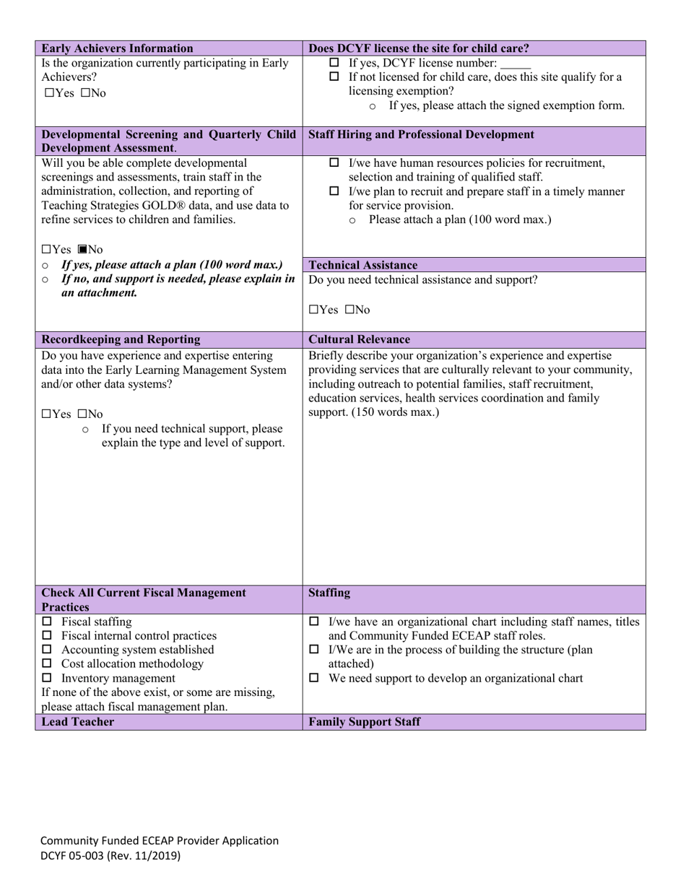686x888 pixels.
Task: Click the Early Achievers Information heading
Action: (117, 48)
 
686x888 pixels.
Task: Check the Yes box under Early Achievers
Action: (48, 93)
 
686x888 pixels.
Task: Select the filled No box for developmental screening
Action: (82, 250)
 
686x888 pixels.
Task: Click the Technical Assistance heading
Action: (362, 265)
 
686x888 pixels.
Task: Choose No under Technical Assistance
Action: (349, 310)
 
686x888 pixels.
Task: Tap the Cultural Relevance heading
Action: (359, 339)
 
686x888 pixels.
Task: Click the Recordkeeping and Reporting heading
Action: (121, 339)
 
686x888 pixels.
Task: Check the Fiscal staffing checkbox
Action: (47, 622)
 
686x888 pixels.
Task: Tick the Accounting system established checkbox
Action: (47, 650)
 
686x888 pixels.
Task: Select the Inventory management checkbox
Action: (47, 679)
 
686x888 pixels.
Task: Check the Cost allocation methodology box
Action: (47, 664)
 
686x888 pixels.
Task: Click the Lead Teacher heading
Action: (77, 722)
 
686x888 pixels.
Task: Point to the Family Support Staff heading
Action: (364, 722)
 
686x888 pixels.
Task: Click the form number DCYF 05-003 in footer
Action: (110, 856)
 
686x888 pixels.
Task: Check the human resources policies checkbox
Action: (334, 163)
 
